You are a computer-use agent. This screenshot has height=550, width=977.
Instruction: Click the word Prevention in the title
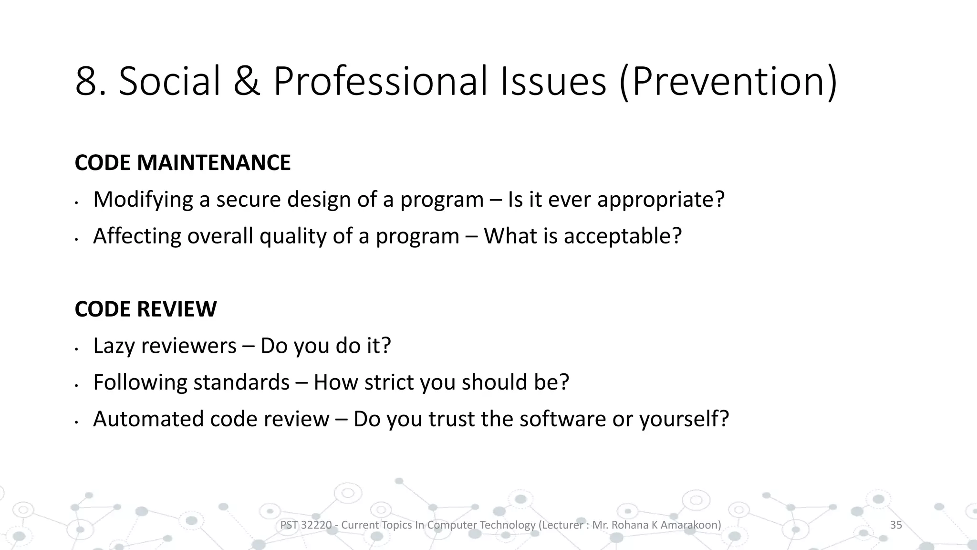(x=728, y=81)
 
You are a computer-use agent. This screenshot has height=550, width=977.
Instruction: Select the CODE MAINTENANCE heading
(x=183, y=163)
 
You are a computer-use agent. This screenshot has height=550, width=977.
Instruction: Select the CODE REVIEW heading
(x=146, y=309)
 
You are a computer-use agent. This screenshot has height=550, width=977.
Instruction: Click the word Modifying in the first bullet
(x=143, y=200)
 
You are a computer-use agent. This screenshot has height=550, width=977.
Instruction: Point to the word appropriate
(x=660, y=200)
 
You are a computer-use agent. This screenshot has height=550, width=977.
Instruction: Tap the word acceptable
(x=622, y=236)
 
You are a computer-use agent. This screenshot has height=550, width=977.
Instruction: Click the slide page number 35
(x=896, y=525)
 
